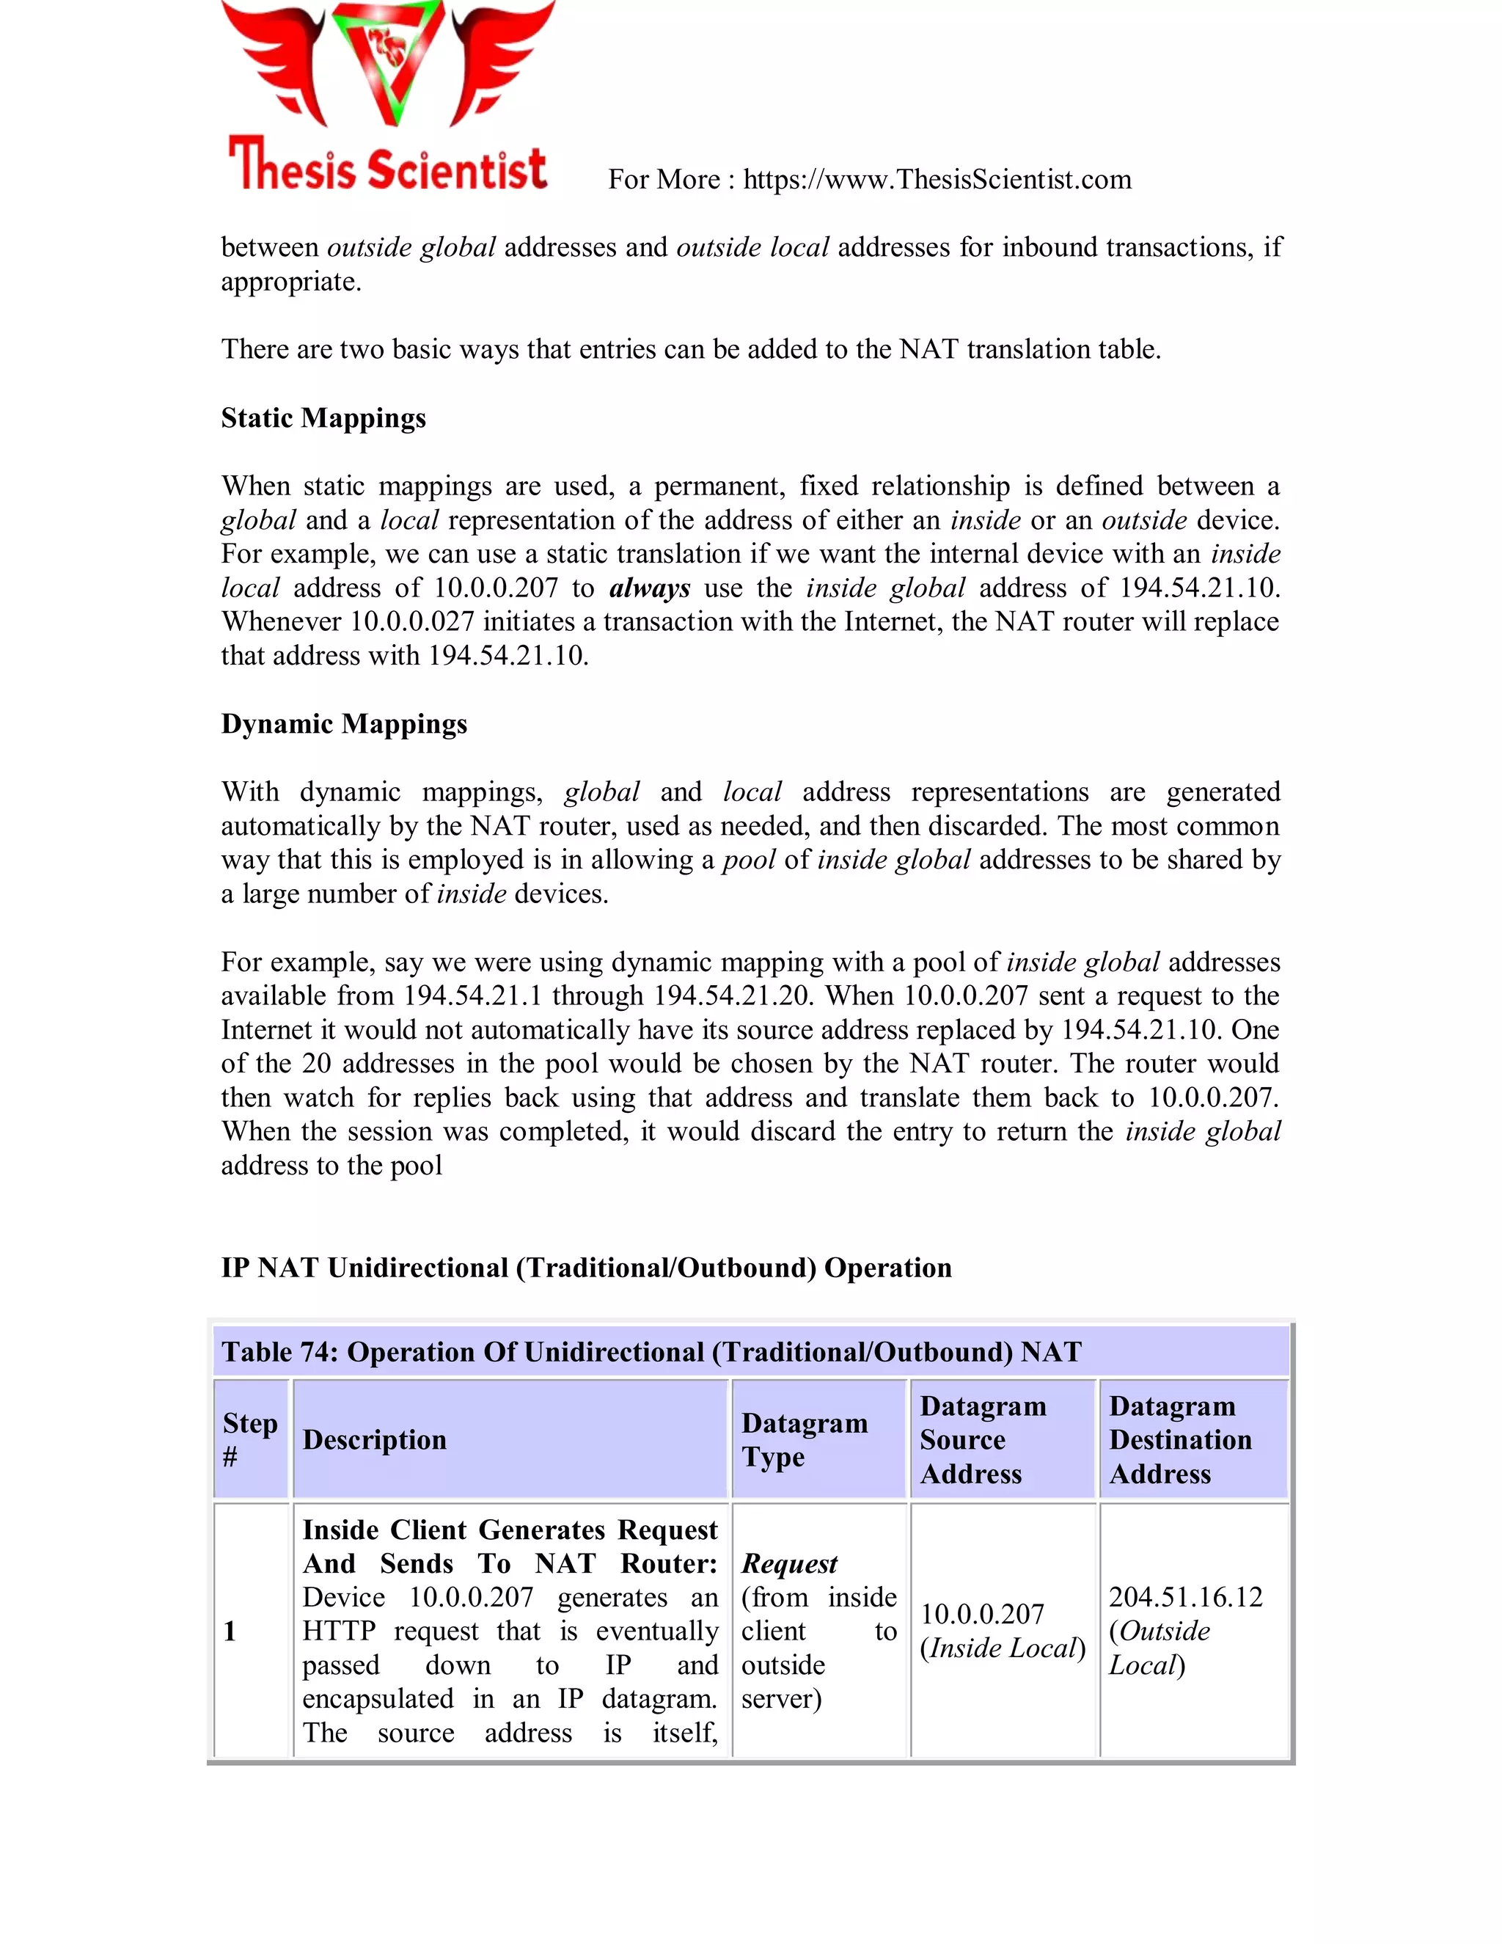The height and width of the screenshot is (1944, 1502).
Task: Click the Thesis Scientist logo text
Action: pyautogui.click(x=388, y=166)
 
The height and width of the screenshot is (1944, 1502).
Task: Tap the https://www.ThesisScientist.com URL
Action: pyautogui.click(x=937, y=180)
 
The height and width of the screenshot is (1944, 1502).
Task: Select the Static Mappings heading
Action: pyautogui.click(x=323, y=417)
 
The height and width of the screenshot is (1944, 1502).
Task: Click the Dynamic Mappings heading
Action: pyautogui.click(x=343, y=723)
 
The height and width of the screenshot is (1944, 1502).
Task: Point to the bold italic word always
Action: pyautogui.click(x=650, y=588)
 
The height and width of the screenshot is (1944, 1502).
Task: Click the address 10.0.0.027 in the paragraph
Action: pyautogui.click(x=412, y=622)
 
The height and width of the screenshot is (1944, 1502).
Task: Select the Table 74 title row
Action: pyautogui.click(x=651, y=1352)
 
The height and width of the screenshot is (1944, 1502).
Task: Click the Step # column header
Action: pyautogui.click(x=250, y=1439)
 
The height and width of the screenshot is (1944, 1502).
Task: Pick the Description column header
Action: pyautogui.click(x=374, y=1440)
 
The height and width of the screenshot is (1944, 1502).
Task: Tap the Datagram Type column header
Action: pyautogui.click(x=804, y=1439)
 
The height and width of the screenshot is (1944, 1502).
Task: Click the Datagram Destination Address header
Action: pyautogui.click(x=1179, y=1439)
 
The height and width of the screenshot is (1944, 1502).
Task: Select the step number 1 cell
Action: pyautogui.click(x=230, y=1631)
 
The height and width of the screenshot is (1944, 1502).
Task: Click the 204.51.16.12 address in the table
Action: pyautogui.click(x=1185, y=1597)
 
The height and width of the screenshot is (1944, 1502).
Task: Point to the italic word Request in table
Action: pyautogui.click(x=789, y=1563)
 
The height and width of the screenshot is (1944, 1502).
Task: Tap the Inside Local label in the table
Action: pyautogui.click(x=1003, y=1648)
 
